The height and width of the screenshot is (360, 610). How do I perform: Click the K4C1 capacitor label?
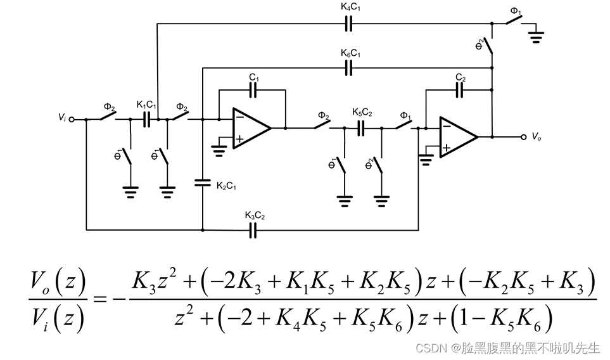(350, 8)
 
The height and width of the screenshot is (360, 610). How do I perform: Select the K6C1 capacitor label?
(350, 54)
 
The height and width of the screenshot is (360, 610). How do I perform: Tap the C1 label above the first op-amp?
(253, 77)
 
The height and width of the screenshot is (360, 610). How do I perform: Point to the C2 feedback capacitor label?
(461, 77)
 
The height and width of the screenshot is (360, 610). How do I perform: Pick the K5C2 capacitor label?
(362, 112)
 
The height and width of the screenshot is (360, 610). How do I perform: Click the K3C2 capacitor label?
(254, 216)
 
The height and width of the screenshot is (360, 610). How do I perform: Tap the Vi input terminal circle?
(72, 119)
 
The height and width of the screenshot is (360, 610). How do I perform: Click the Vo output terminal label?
(537, 136)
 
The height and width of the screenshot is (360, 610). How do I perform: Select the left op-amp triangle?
(251, 127)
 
